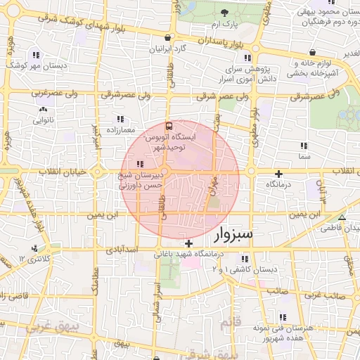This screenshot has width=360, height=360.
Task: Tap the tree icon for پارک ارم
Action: tap(224, 13)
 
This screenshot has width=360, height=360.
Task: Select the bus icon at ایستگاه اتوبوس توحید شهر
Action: tap(167, 127)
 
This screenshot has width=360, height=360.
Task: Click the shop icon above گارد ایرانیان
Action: tap(167, 38)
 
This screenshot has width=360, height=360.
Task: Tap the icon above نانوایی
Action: tap(44, 109)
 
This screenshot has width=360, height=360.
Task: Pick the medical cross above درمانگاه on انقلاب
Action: tap(279, 173)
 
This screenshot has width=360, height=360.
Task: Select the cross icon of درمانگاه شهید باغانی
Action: tap(188, 243)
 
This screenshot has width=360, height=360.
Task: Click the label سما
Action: tap(304, 156)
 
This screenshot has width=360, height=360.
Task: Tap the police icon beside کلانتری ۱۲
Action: tap(34, 248)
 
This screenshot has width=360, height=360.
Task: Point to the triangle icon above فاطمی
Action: tap(342, 218)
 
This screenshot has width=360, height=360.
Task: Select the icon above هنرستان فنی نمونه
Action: tap(283, 317)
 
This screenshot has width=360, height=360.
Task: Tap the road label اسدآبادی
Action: tap(117, 250)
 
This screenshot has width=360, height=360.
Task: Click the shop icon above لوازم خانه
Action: tap(311, 53)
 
